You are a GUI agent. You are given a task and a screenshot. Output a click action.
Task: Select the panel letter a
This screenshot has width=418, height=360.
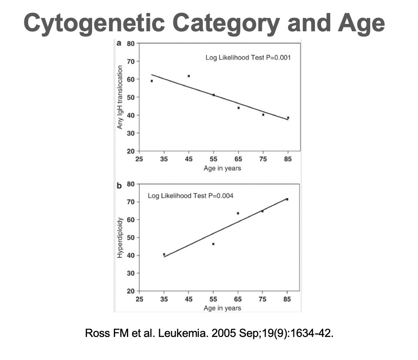click(119, 43)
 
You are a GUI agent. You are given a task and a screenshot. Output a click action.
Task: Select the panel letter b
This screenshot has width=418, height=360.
click(119, 186)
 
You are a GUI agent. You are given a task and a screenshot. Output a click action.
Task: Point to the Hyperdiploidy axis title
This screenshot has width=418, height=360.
click(120, 237)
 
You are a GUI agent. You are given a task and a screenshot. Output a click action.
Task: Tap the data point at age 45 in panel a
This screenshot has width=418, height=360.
click(189, 76)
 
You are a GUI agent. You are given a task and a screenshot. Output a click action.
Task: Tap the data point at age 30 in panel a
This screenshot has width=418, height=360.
click(152, 81)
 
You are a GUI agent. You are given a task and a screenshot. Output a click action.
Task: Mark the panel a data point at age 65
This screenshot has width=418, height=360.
click(239, 108)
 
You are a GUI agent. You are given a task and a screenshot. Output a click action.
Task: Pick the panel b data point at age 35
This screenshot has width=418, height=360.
click(164, 254)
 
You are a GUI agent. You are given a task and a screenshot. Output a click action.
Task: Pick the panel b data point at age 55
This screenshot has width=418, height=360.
click(213, 244)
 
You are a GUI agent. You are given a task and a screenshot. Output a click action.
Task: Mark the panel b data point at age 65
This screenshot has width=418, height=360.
click(238, 213)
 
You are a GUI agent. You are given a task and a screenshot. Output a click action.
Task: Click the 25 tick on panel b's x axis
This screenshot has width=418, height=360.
click(139, 300)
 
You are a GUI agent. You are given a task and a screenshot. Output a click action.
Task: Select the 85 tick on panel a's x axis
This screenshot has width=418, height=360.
click(288, 160)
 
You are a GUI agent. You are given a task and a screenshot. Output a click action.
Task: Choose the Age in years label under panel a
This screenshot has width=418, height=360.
click(222, 168)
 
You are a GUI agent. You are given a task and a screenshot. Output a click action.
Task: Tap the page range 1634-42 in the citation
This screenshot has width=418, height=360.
click(312, 334)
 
